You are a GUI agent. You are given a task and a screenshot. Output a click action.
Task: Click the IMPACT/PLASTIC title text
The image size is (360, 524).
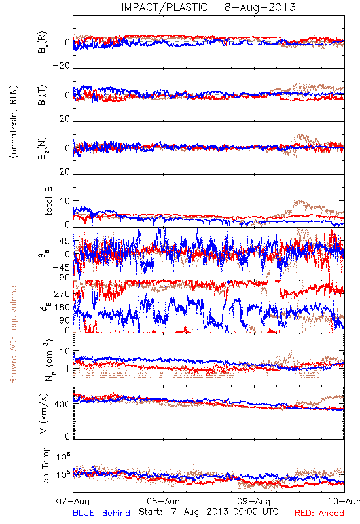coord(164,7)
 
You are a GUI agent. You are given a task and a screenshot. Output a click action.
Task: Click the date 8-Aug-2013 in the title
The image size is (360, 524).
coord(260,7)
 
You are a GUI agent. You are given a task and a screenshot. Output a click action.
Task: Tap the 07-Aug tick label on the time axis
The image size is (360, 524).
coord(73,501)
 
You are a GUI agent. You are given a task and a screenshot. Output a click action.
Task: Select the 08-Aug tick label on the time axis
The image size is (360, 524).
coord(163,501)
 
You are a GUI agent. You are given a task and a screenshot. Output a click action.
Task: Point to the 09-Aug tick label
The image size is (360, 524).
coord(254,501)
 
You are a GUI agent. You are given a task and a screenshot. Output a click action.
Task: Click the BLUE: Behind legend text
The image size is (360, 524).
coord(101,513)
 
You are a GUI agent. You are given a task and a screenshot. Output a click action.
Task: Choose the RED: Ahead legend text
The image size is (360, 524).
coord(319,513)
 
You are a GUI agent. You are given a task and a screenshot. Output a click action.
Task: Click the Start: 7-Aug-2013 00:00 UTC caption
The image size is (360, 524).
coord(209,512)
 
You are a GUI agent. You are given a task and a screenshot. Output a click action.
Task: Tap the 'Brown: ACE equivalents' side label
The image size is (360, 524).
coord(13,333)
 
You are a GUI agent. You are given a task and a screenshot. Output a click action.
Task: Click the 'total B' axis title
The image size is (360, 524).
coord(48,201)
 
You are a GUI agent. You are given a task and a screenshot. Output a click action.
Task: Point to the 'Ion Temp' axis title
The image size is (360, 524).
coord(45,466)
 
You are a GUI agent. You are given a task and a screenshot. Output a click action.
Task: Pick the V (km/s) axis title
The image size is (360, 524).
coord(44,413)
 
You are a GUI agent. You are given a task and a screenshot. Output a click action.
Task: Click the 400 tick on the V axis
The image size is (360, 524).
coord(62,404)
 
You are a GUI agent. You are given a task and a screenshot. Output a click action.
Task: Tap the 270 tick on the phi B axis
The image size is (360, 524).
coord(62,293)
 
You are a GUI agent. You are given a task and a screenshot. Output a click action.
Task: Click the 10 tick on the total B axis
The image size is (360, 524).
coord(65,201)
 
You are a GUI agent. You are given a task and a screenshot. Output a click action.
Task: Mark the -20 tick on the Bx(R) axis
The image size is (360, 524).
coord(62,66)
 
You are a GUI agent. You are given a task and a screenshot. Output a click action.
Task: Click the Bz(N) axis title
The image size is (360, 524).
coord(43,148)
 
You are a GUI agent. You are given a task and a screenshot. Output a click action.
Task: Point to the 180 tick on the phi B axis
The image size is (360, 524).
coord(62,307)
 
